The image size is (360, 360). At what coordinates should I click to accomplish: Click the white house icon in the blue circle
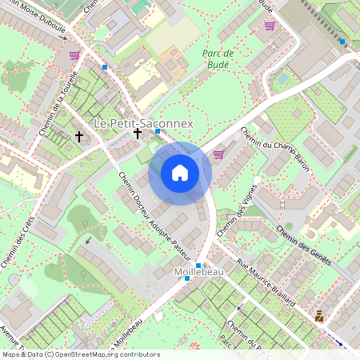tap(180, 173)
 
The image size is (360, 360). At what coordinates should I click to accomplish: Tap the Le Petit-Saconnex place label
tap(143, 124)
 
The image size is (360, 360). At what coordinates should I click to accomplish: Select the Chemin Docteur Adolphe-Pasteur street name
tap(154, 215)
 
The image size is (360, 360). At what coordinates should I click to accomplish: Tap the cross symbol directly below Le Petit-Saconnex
tap(138, 134)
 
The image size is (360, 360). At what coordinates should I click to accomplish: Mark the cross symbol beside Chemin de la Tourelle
tap(78, 136)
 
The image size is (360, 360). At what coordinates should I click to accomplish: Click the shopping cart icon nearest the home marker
tap(218, 154)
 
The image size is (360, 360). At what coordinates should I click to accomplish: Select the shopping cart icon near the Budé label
tap(270, 26)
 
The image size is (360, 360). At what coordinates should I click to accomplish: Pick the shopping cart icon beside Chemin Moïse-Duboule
tap(74, 55)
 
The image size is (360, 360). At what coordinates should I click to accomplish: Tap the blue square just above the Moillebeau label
tap(198, 264)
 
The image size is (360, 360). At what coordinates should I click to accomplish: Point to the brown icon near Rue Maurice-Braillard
tap(319, 315)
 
